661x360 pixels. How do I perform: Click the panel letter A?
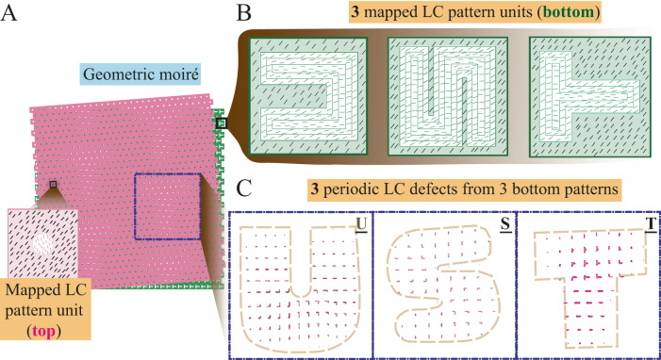[x=13, y=13]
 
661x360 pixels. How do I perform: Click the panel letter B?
[x=244, y=13]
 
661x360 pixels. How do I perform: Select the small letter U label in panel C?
[x=361, y=225]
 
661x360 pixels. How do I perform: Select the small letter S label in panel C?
[x=506, y=225]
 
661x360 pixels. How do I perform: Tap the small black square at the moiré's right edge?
[x=222, y=123]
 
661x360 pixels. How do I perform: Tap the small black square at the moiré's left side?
[x=53, y=185]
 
